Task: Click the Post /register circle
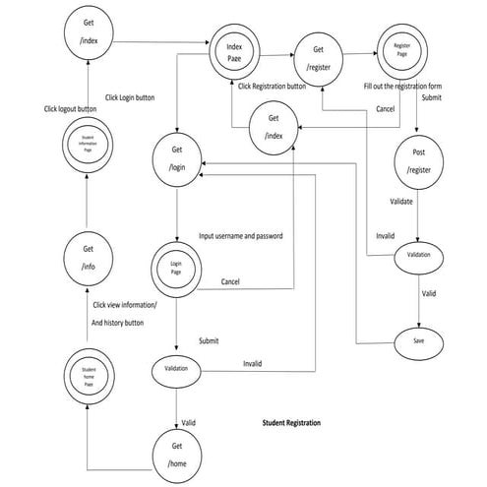(x=420, y=162)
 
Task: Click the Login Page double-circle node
(x=178, y=269)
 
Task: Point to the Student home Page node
(x=88, y=378)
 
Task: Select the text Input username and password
(x=242, y=236)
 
